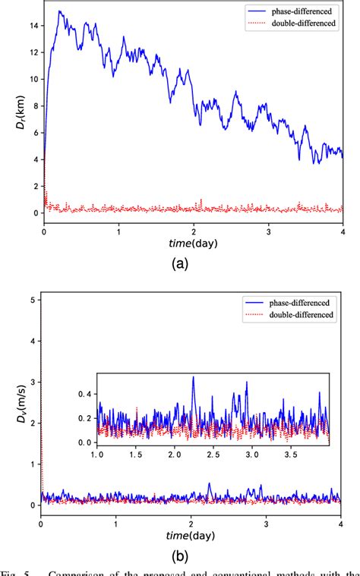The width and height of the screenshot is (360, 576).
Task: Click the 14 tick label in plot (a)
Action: (32, 25)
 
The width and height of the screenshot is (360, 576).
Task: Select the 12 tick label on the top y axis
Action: (32, 52)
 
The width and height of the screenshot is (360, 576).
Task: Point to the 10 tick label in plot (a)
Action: (32, 79)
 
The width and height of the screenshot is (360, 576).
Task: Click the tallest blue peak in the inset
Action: (193, 376)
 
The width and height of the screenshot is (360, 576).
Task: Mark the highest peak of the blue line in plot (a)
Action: (59, 11)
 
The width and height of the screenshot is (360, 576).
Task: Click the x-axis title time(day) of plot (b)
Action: (192, 534)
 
